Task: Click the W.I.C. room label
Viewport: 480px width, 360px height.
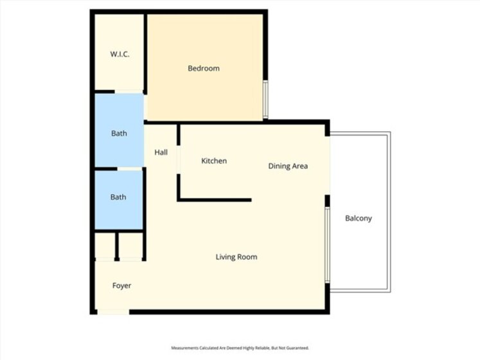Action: point(120,54)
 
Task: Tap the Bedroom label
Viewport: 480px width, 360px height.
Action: point(204,68)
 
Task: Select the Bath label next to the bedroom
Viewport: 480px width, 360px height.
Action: point(119,133)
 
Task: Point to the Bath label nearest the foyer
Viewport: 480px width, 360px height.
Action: point(118,197)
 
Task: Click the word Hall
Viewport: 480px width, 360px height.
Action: point(161,152)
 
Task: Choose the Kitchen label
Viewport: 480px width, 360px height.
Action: point(214,161)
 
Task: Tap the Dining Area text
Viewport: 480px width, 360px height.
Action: point(288,166)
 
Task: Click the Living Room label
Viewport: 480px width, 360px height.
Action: point(236,256)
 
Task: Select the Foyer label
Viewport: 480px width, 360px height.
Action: point(122,285)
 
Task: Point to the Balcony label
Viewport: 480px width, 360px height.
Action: point(359,218)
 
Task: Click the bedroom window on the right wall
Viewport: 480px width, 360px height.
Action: point(266,99)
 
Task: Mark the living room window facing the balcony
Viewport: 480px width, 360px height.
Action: point(328,245)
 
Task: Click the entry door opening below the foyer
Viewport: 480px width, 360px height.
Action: point(113,312)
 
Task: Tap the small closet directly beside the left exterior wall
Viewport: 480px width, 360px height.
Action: point(105,246)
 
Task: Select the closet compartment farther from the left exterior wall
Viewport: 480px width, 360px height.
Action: point(130,246)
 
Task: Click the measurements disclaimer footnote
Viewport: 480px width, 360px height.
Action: point(240,348)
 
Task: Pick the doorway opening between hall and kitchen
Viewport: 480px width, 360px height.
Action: point(178,159)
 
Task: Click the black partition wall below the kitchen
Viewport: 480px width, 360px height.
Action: point(214,200)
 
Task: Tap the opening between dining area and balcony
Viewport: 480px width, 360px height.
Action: point(328,165)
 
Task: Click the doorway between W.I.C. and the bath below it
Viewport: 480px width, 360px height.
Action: point(129,92)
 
